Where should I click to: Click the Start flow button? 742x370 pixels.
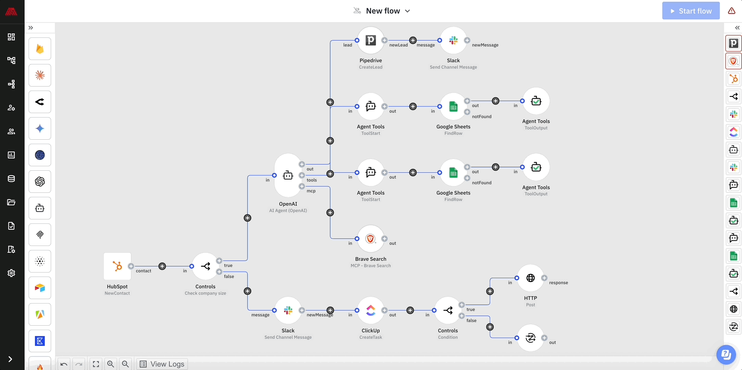point(691,11)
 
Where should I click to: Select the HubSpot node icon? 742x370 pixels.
point(117,266)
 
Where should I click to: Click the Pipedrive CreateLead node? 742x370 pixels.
point(371,40)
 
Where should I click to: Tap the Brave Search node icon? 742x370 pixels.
point(371,239)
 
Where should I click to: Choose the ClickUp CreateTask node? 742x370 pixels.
point(371,310)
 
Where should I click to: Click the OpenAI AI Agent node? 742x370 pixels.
point(288,175)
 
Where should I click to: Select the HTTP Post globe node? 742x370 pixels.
point(530,278)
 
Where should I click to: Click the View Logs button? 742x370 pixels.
point(162,364)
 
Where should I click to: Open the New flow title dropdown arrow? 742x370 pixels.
point(407,11)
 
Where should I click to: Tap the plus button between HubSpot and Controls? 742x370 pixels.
point(162,266)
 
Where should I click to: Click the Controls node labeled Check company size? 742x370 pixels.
point(206,266)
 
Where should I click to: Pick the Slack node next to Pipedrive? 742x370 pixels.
point(453,40)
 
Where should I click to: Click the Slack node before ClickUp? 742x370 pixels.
point(288,310)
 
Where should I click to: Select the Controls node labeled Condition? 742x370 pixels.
point(448,310)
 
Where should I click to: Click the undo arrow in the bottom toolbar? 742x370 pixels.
point(64,364)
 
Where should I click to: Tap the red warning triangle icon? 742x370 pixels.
point(732,11)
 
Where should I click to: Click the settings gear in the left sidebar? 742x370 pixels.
point(11,273)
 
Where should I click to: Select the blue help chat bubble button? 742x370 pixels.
point(725,353)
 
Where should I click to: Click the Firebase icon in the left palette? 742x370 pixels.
point(40,49)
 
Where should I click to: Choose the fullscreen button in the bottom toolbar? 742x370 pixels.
point(96,364)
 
